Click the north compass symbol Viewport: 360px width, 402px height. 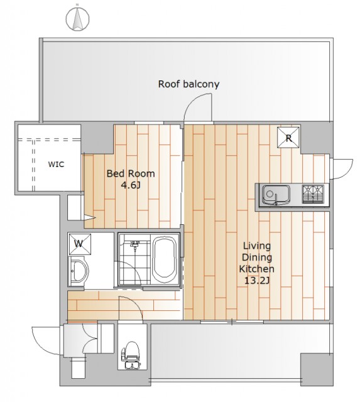tap(77, 18)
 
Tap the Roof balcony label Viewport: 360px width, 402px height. tap(188, 84)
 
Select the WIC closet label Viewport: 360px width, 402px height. tap(56, 164)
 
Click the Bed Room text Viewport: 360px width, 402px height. tap(131, 173)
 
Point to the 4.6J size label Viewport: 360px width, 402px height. tap(131, 185)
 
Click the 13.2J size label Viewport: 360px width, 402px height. tap(257, 281)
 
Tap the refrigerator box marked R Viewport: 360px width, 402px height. tap(288, 138)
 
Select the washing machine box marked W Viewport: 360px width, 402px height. tap(80, 244)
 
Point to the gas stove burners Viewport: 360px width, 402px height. tap(313, 194)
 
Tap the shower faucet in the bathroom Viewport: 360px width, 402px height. tap(134, 244)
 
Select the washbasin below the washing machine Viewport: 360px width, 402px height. tap(79, 271)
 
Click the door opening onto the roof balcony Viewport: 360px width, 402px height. tap(199, 107)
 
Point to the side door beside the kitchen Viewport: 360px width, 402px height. tap(342, 169)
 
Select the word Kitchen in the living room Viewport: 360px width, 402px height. tap(257, 269)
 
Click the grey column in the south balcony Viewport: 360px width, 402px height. tap(317, 369)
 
